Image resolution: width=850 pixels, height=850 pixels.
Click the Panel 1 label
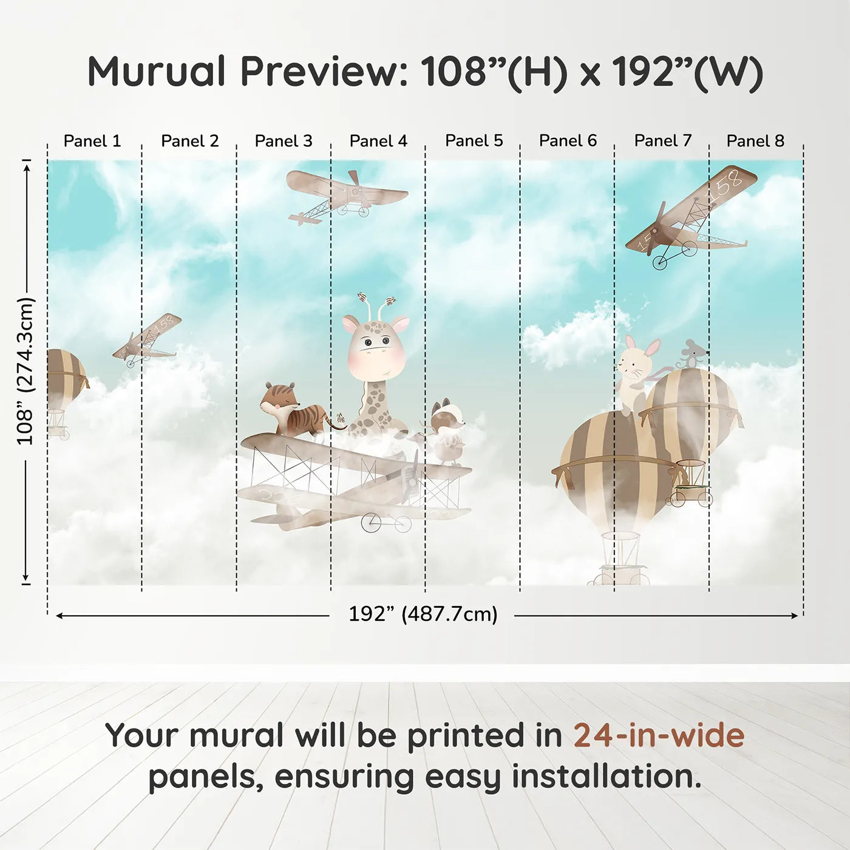(x=92, y=141)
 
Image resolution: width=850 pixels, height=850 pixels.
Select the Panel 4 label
(x=378, y=141)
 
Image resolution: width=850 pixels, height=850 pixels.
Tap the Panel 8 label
(x=756, y=141)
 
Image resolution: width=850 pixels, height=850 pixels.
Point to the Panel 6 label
(x=568, y=141)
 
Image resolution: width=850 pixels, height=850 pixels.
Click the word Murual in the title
(x=156, y=71)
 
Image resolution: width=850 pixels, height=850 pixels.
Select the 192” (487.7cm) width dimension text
(x=423, y=614)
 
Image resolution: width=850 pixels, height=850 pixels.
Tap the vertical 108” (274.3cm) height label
(x=25, y=370)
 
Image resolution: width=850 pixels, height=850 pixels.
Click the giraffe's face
(x=376, y=348)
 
